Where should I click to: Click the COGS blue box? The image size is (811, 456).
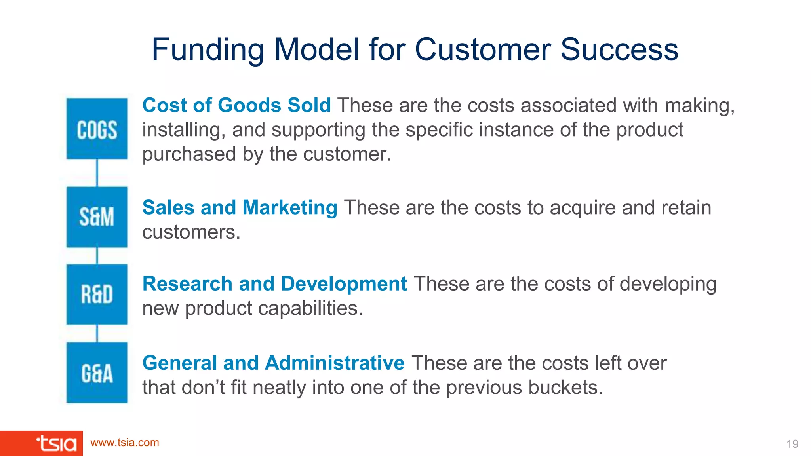97,129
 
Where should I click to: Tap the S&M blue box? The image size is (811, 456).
97,217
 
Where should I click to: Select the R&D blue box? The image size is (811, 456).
97,294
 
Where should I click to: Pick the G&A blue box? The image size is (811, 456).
97,372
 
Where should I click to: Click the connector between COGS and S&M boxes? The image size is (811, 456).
97,173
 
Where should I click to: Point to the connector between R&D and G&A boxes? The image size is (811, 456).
97,333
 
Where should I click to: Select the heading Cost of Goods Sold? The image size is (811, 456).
236,105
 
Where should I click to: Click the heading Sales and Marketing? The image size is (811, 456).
240,207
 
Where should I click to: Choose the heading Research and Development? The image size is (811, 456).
274,284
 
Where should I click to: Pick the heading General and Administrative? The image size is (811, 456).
273,363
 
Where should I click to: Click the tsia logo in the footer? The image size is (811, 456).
56,443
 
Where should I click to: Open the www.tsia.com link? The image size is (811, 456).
125,443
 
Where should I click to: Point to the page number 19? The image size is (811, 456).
792,444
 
